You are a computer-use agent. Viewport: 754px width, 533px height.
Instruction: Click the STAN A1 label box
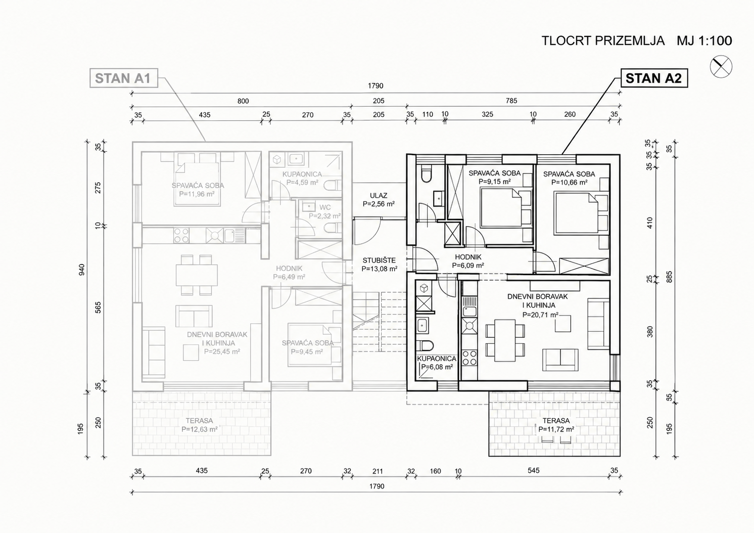[x=123, y=78]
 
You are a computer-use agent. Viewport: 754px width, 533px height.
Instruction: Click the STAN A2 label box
[x=654, y=78]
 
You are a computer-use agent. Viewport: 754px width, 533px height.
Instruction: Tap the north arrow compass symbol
[x=721, y=66]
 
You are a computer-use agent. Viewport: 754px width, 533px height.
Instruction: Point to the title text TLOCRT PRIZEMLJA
[x=603, y=41]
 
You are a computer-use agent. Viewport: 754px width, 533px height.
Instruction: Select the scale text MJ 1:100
[x=704, y=41]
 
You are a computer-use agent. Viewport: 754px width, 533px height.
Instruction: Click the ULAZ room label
[x=379, y=195]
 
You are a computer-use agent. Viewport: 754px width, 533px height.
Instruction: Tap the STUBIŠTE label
[x=379, y=260]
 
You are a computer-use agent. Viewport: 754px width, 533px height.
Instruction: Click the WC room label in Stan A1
[x=325, y=207]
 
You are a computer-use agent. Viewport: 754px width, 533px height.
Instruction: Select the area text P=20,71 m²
[x=540, y=315]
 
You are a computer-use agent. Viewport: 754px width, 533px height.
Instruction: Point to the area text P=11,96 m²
[x=197, y=194]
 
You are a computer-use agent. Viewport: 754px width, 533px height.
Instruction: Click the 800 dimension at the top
[x=243, y=101]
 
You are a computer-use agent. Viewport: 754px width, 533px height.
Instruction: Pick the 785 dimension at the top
[x=511, y=101]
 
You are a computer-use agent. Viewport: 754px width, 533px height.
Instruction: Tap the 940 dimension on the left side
[x=81, y=270]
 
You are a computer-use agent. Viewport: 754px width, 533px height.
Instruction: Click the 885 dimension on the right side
[x=669, y=277]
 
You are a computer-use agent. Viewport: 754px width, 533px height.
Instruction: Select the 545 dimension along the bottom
[x=534, y=470]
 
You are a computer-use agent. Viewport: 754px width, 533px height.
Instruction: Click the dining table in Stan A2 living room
[x=505, y=340]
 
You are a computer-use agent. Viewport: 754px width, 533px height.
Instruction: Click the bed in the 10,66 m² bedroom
[x=576, y=213]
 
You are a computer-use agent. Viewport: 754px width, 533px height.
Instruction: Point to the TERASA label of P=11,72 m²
[x=556, y=421]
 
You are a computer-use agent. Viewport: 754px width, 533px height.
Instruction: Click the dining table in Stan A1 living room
[x=197, y=275]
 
